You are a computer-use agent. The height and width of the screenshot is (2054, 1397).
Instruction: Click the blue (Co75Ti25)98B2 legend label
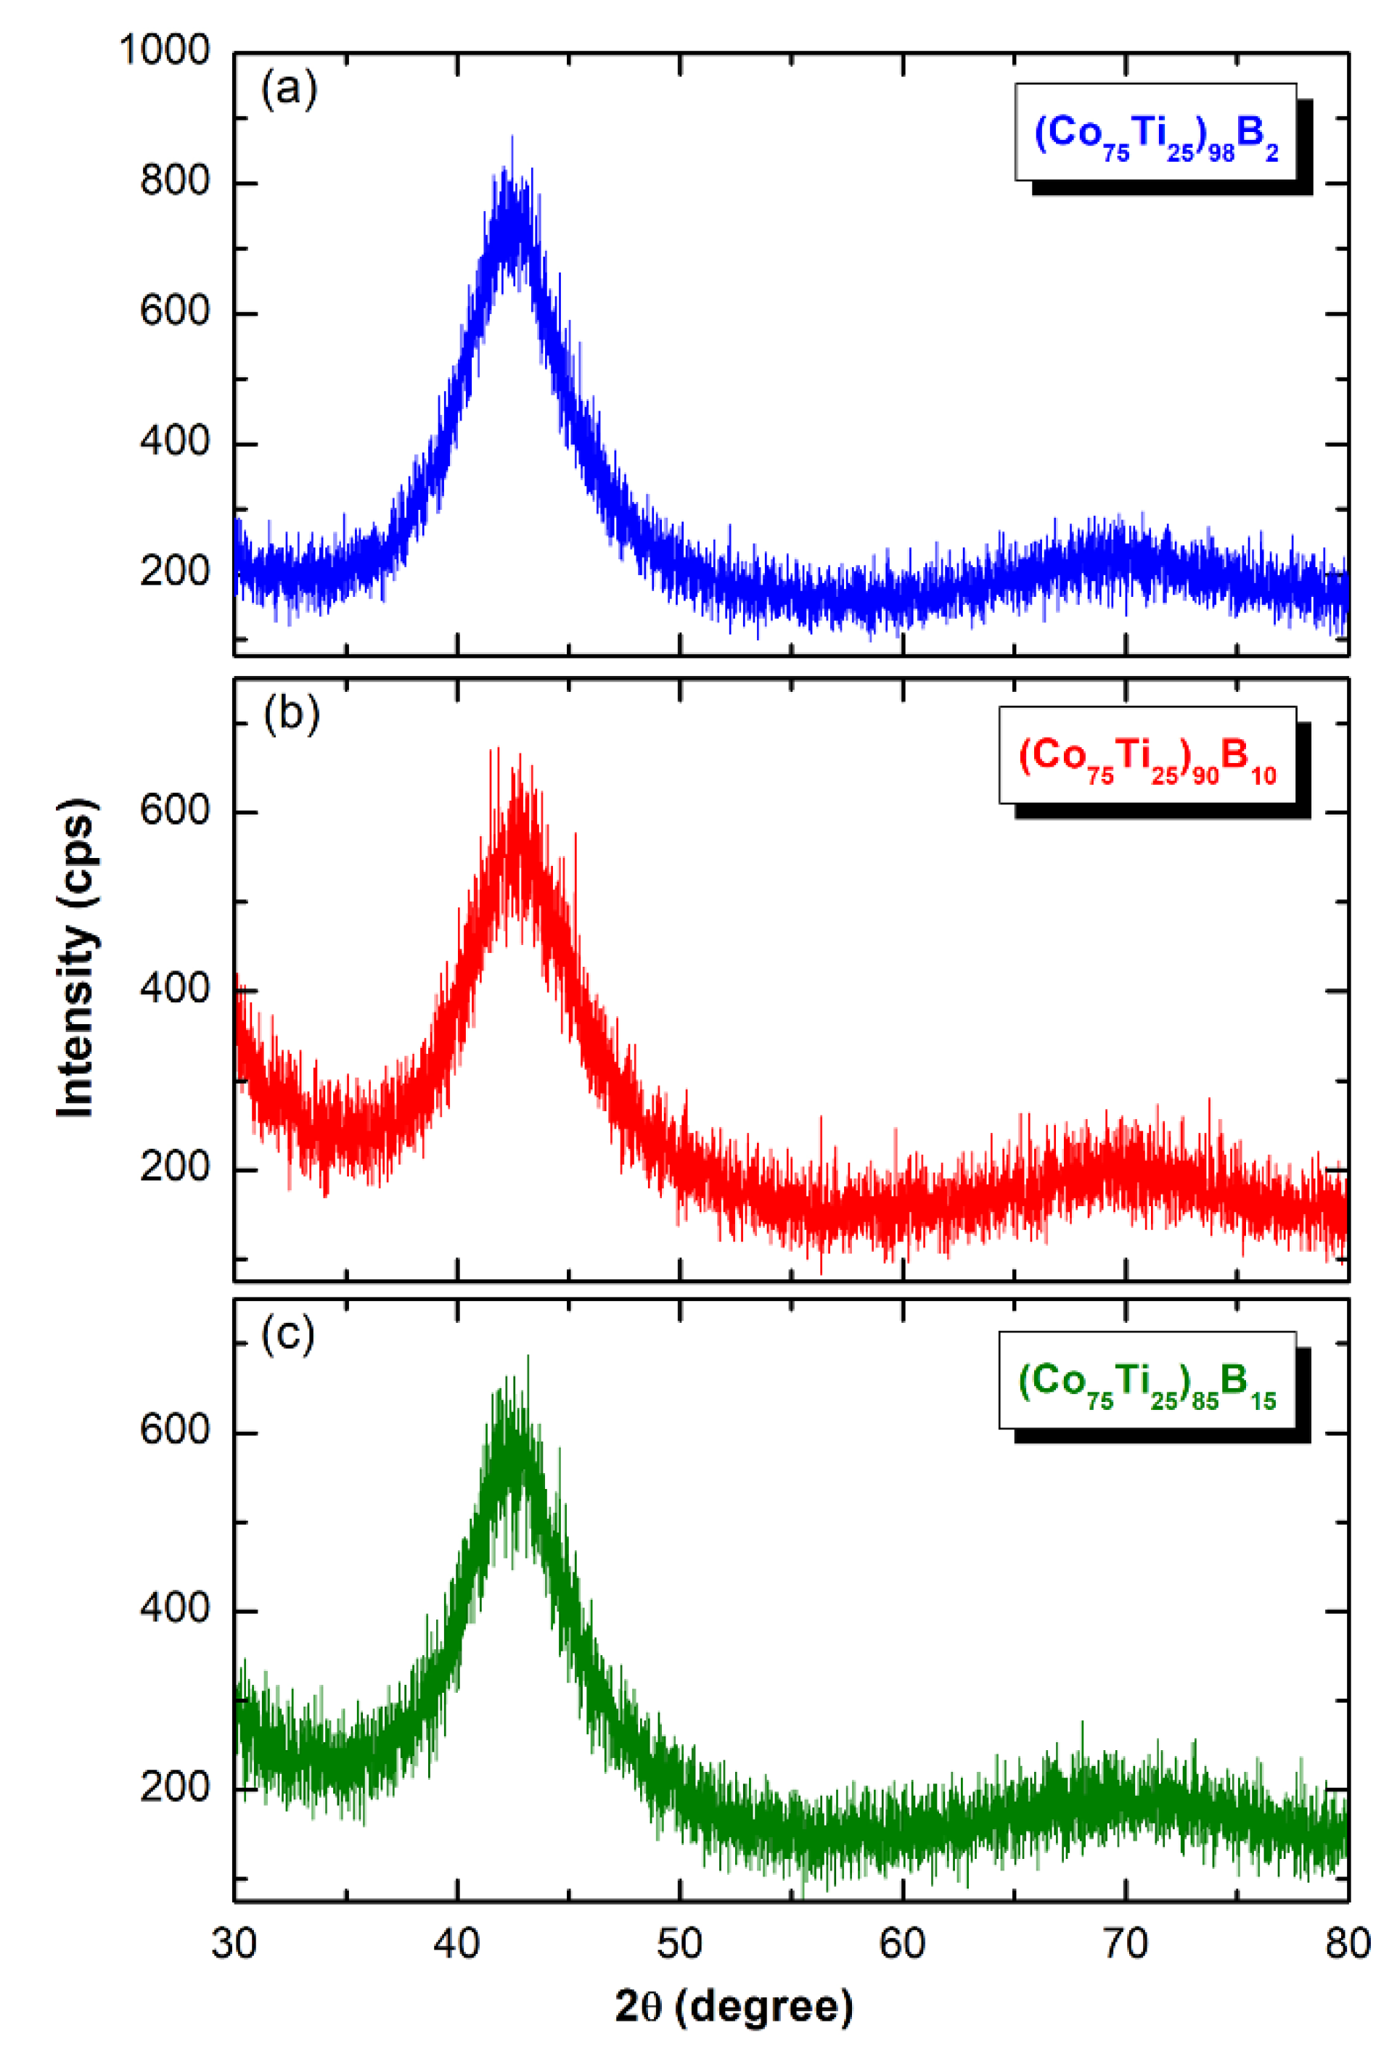coord(1155,134)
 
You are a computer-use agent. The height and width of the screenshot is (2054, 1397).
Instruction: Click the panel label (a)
coord(289,90)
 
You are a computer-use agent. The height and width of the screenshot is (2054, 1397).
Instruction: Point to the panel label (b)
coord(291,714)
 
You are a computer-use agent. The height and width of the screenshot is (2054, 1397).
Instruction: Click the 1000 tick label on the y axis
coord(165,51)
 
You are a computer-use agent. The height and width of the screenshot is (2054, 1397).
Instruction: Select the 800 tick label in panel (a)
coord(175,182)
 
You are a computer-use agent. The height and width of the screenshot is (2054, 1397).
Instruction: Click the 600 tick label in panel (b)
coord(175,810)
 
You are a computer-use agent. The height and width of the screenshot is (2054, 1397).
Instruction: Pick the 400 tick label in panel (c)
coord(175,1607)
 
